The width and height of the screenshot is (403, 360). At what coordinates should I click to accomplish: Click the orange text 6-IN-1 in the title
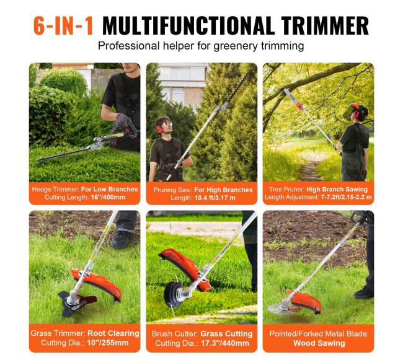63,25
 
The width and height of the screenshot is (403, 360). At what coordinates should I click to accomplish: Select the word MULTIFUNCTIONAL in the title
188,25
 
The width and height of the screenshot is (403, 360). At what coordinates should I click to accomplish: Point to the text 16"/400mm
108,197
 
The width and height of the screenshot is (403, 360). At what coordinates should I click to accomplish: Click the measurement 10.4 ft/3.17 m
215,198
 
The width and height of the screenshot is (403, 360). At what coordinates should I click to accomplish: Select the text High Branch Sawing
337,189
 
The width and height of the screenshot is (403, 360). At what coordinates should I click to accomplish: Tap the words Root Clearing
113,333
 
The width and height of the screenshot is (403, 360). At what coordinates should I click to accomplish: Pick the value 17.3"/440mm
224,343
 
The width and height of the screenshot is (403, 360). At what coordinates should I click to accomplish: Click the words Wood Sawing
319,343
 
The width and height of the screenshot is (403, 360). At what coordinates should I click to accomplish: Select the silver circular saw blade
280,307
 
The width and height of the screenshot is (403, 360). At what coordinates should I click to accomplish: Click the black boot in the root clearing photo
122,239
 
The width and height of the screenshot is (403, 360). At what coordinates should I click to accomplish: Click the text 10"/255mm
108,343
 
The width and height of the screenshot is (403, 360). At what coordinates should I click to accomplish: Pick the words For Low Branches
110,189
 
